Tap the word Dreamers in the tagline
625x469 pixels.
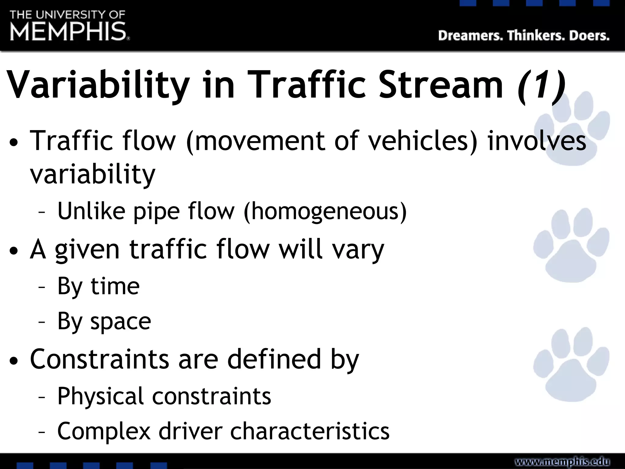tap(470, 36)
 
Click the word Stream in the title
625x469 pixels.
tap(440, 85)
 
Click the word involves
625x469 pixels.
tap(537, 141)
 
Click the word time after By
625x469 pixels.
tap(115, 286)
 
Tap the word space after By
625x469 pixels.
tap(121, 322)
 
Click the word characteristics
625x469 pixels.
tap(310, 431)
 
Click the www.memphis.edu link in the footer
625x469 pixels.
tap(562, 461)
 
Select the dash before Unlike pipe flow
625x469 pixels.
tap(42, 212)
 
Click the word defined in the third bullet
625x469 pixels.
tap(274, 359)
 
